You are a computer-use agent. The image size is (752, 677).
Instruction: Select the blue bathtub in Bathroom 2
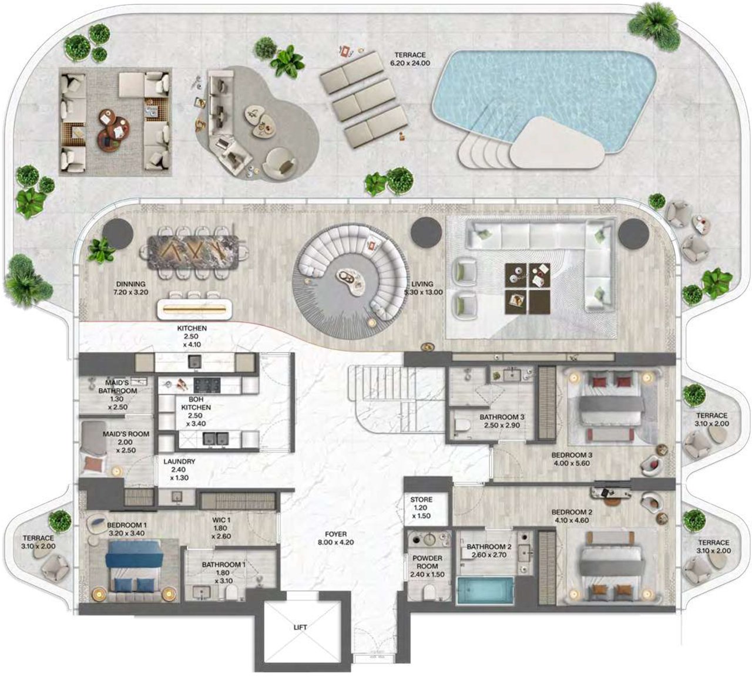485,590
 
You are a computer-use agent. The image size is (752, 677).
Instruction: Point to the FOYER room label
336,534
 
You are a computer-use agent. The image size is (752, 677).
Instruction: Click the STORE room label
421,500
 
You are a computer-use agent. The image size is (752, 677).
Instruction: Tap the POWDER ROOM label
427,562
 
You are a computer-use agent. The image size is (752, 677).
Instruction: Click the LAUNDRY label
179,461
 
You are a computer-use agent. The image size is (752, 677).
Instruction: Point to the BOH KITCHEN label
196,403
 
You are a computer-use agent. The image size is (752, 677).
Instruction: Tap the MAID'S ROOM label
126,434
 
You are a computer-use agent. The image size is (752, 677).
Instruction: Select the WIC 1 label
221,520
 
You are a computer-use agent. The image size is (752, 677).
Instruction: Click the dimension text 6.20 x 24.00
410,63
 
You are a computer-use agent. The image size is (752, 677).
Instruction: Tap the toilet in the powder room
428,592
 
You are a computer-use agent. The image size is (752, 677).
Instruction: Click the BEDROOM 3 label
571,455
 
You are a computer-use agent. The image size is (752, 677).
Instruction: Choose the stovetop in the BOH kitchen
207,385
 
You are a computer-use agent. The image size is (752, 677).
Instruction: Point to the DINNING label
130,284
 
